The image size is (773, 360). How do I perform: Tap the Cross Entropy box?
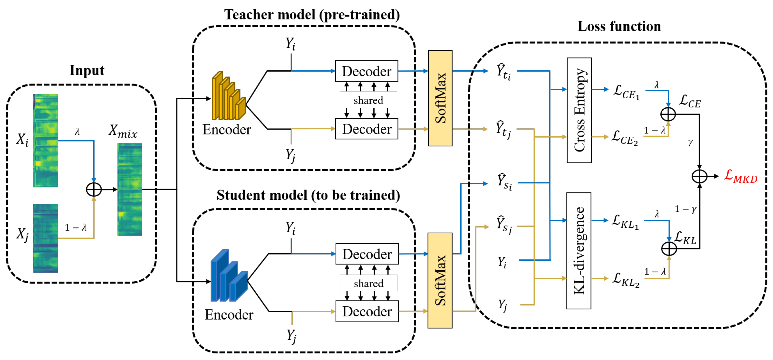(x=579, y=110)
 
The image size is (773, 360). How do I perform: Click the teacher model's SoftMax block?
(x=440, y=98)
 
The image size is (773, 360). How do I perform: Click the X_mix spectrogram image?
(x=130, y=189)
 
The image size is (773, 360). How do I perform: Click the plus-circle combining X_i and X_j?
(x=94, y=189)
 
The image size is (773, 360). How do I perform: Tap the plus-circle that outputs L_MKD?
(x=699, y=176)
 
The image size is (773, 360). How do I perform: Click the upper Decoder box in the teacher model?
(x=366, y=71)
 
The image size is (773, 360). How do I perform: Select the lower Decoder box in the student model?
(x=367, y=311)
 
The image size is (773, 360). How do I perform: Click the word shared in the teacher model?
(x=368, y=100)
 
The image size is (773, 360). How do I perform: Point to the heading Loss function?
(x=619, y=26)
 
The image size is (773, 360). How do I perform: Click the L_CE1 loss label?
(x=626, y=92)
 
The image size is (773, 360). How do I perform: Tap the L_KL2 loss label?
(x=626, y=280)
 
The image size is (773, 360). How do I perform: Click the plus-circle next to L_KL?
(x=669, y=248)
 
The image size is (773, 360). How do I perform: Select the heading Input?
(x=87, y=70)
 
